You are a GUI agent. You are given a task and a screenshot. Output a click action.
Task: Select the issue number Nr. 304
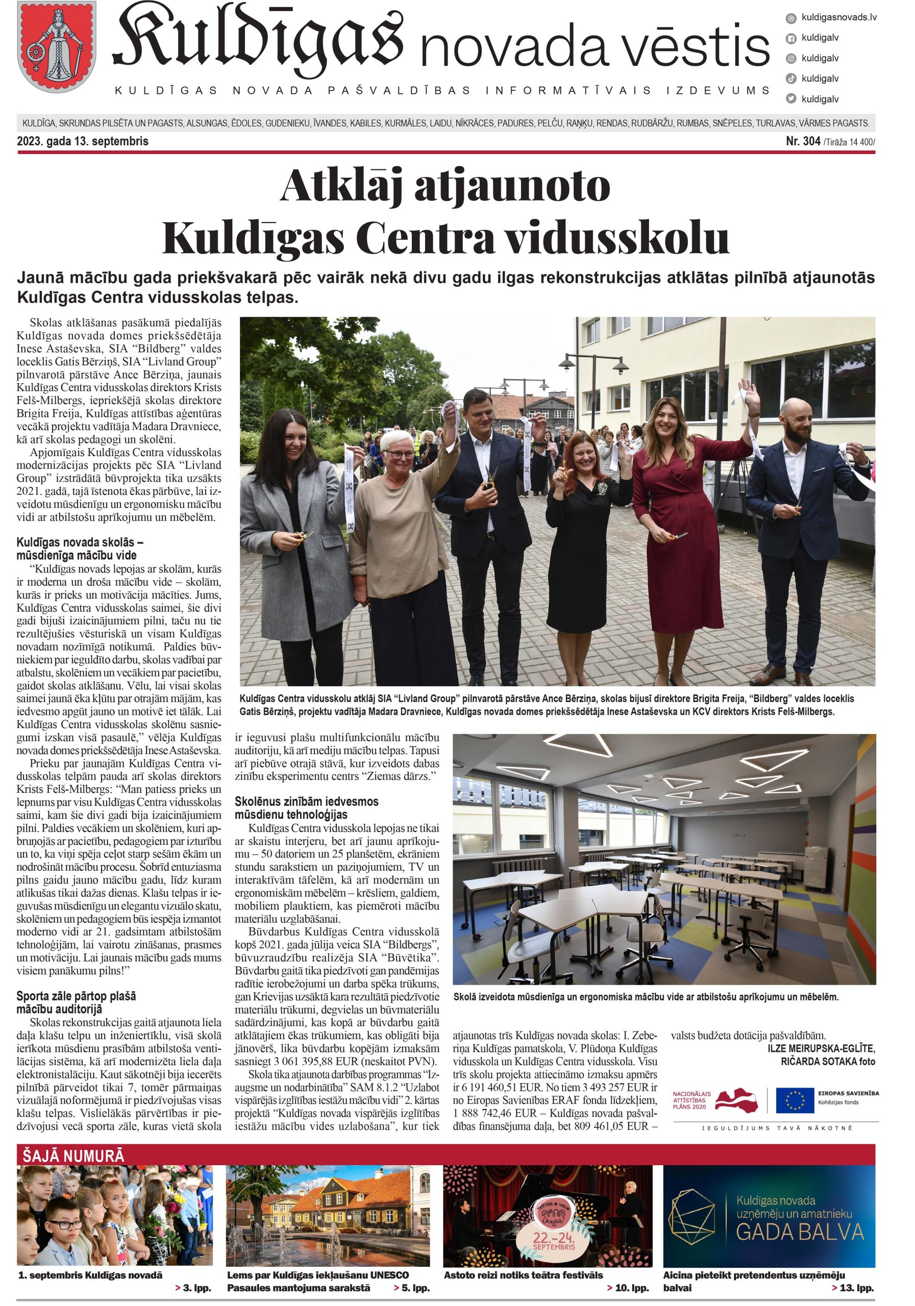click(802, 141)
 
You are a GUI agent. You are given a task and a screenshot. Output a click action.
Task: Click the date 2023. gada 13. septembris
click(83, 141)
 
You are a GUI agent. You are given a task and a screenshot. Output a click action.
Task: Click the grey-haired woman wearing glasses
click(399, 523)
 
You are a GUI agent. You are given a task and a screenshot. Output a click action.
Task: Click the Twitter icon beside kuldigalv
click(790, 99)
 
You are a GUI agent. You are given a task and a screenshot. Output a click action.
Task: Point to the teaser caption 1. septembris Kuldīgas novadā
click(90, 1275)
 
